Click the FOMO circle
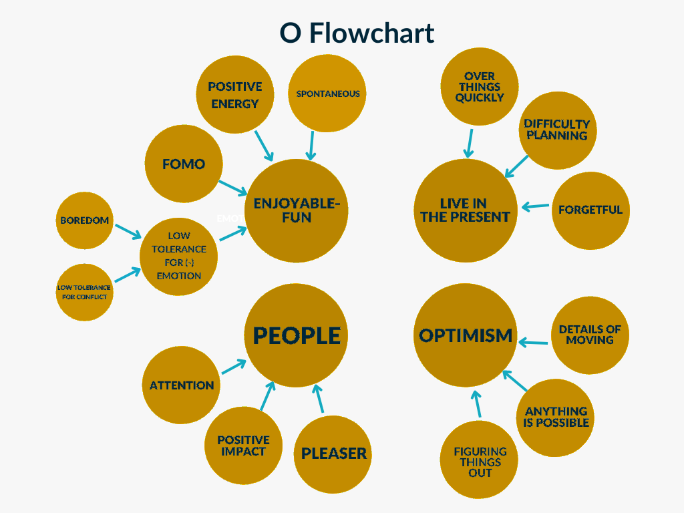coord(184,164)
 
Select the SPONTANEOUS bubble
coord(327,94)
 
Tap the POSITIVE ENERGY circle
coord(235,94)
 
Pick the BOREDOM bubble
coord(85,220)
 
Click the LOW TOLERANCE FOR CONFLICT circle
coord(85,292)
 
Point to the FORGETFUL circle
coord(590,210)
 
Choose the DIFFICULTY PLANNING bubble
coord(558,130)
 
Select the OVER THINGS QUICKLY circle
coord(480,86)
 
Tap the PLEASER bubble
coord(333,454)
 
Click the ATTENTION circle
coord(182,385)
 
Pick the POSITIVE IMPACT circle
coord(243,446)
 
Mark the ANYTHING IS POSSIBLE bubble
coord(555,417)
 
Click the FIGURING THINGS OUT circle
coord(479,460)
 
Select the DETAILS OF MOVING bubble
coord(590,335)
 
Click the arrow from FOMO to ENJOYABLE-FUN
coord(233,188)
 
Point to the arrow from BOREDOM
coord(128,232)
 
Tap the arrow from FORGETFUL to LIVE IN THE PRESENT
coord(535,206)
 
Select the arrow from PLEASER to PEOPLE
coord(319,398)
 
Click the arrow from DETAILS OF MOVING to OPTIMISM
coord(533,343)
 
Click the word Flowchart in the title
coord(371,33)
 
